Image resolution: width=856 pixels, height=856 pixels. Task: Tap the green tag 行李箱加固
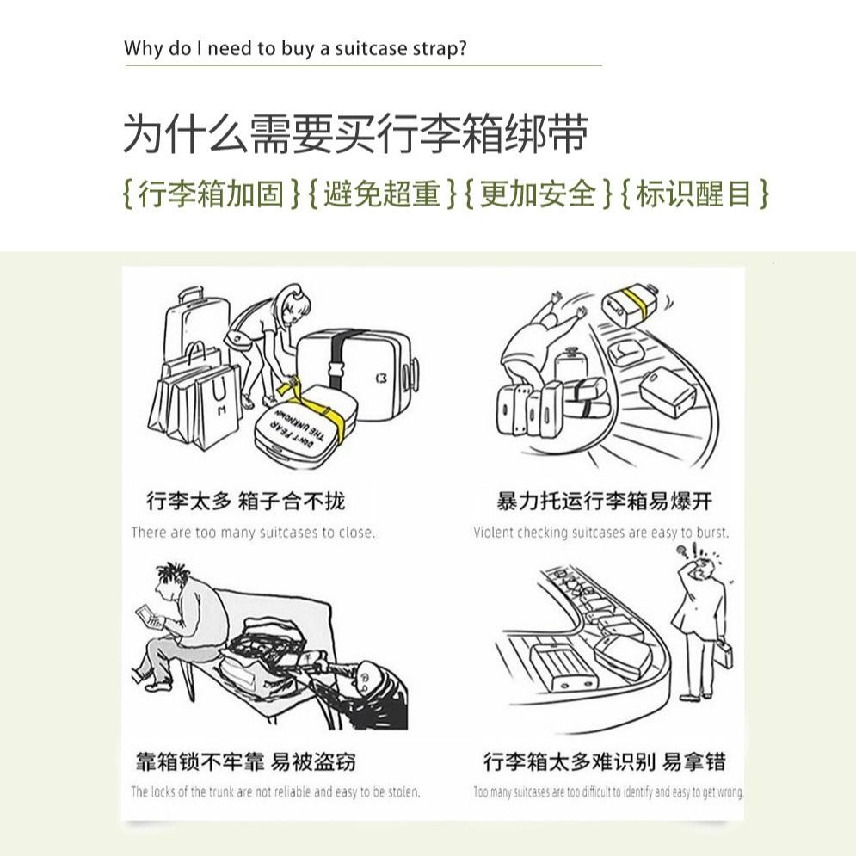[212, 194]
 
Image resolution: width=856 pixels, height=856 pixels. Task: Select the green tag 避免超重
[382, 194]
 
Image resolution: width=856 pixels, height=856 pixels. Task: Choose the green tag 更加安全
[538, 194]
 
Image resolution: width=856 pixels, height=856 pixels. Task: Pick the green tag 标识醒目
[694, 194]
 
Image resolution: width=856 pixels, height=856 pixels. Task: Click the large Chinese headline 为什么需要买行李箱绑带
[356, 133]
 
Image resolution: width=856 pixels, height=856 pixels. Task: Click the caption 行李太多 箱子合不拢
[246, 501]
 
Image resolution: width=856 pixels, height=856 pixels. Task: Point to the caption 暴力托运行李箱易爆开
[604, 501]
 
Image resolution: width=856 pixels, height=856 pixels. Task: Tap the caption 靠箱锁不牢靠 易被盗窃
[246, 761]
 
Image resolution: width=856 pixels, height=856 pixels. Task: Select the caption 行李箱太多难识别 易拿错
[604, 761]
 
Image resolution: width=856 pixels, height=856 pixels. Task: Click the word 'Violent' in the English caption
[493, 533]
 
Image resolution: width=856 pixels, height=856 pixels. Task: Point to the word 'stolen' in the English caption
[403, 791]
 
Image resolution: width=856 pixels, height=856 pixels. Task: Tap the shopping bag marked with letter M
[219, 405]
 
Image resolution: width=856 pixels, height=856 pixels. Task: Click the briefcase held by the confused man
[724, 654]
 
